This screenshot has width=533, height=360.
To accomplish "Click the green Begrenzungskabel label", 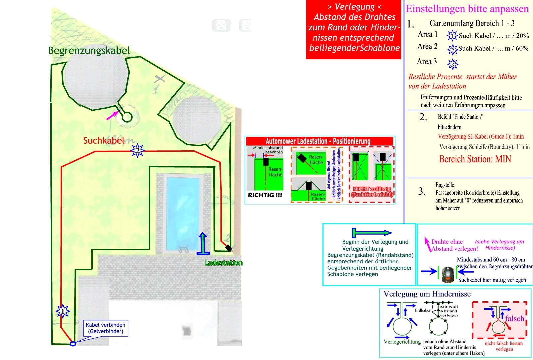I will point(89,51).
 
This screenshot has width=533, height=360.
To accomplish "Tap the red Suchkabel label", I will point(104,141).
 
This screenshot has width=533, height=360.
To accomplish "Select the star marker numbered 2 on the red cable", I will point(137,151).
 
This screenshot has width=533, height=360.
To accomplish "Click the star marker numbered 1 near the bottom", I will point(63,311).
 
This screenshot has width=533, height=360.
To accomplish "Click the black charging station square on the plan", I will point(228,248).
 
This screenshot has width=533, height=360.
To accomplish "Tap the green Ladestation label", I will point(223,263).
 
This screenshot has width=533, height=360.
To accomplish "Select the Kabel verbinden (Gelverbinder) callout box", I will point(106,328).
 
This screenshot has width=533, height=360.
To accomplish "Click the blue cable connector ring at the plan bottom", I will point(73,344).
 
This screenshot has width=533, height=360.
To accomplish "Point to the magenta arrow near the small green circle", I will point(112,115).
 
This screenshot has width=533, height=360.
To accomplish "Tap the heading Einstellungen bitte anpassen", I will point(467,9).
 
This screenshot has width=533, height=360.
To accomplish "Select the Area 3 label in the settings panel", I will point(427,62).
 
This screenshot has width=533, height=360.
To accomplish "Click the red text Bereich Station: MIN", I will point(475,159).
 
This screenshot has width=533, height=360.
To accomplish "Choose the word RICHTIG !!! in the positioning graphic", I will point(265,195).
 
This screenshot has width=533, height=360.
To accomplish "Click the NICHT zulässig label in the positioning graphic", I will point(372,192).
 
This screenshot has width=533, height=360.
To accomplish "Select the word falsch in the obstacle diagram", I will point(514,319).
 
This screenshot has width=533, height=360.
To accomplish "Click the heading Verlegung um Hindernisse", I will point(427,294).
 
